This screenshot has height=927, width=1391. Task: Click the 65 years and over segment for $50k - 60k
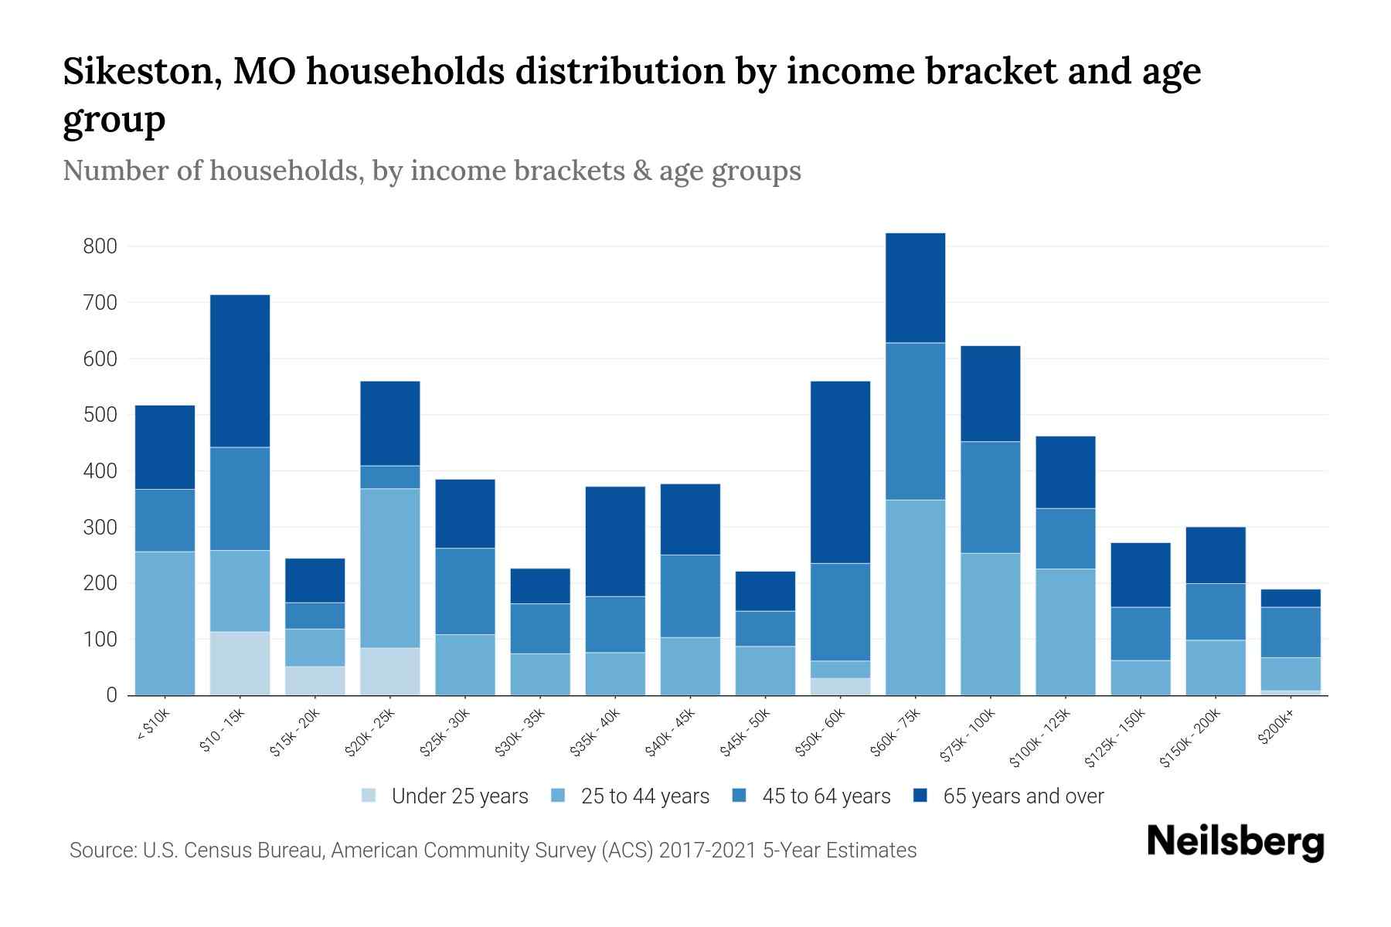pos(840,472)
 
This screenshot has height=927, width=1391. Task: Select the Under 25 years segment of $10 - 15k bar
pos(240,664)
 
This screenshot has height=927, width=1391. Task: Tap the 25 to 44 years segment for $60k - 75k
pos(915,597)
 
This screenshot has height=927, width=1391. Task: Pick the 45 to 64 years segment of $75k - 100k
pos(990,497)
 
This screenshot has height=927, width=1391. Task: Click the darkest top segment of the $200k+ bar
pos(1291,598)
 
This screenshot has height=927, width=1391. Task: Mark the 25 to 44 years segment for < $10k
pos(165,623)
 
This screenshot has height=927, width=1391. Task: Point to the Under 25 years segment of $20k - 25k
pos(390,671)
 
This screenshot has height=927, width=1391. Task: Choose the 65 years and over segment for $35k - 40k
pos(615,541)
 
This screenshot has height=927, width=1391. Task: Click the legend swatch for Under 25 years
pos(369,796)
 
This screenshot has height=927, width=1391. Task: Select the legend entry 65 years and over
pos(1022,796)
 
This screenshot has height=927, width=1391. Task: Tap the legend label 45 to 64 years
pos(826,796)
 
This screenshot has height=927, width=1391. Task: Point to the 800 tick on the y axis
pos(100,246)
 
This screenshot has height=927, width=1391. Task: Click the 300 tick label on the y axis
pos(100,528)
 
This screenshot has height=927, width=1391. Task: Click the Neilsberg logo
pos(1235,842)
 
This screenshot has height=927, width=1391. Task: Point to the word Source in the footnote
pos(101,851)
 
